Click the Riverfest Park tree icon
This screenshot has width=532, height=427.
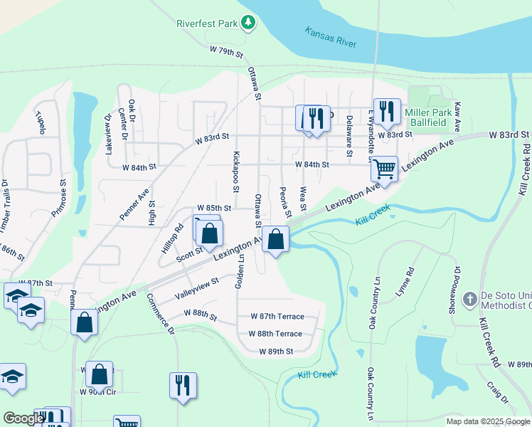248,23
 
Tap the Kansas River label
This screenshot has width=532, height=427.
331,37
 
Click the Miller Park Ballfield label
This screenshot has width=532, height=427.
435,117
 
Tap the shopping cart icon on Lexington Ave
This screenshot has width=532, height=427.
384,169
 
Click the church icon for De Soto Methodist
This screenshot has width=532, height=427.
469,299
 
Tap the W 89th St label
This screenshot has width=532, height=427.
276,352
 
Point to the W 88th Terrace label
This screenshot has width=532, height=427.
275,334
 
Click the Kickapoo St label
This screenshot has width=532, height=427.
235,171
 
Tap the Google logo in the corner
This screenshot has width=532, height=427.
23,418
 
